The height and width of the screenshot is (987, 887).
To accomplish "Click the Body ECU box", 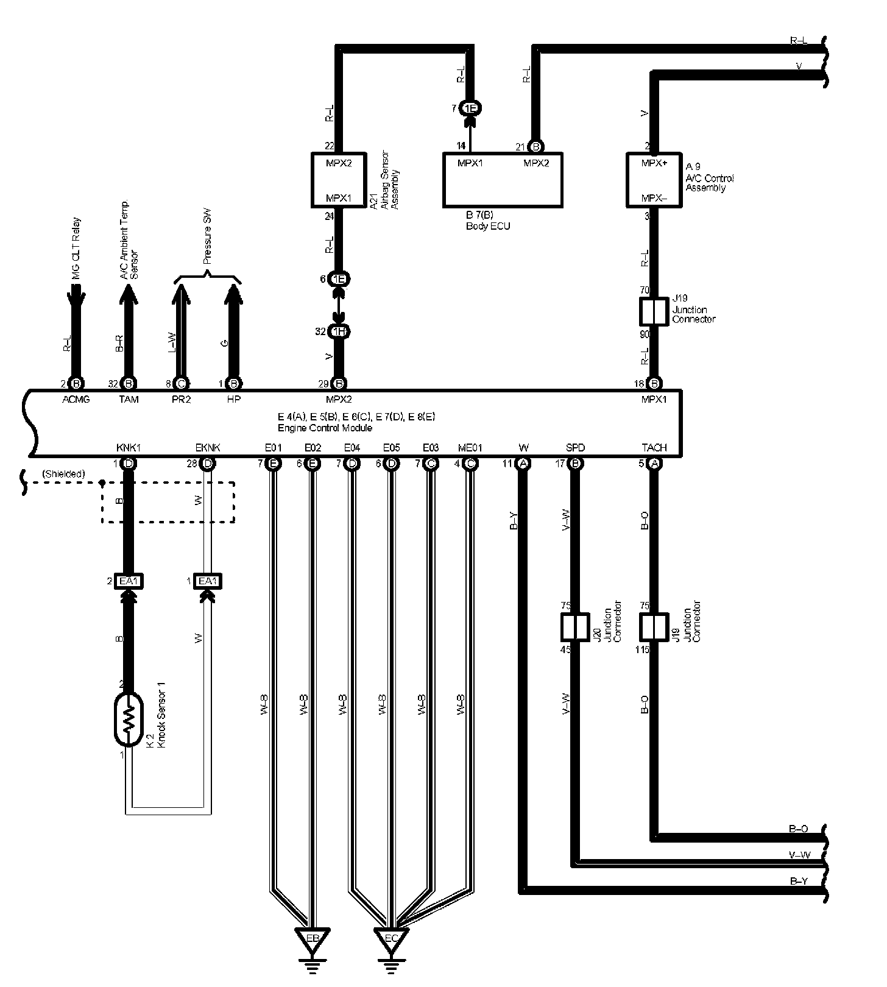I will tap(502, 180).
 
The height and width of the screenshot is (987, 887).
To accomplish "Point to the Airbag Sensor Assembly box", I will tap(338, 180).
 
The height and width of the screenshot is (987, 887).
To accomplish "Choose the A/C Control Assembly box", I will tap(654, 180).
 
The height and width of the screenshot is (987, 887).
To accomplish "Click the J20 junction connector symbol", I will tap(574, 628).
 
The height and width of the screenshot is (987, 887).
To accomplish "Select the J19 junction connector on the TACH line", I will tap(654, 628).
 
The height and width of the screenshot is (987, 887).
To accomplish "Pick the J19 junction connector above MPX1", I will tap(654, 312).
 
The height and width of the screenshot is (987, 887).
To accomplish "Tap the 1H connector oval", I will tap(338, 331).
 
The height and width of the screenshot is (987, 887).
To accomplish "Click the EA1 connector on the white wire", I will tap(207, 581).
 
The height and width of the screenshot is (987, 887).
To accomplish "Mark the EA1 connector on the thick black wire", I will tap(129, 581).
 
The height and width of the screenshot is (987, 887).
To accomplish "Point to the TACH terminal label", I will tap(654, 448).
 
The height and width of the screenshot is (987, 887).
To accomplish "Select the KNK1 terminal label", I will tap(129, 448).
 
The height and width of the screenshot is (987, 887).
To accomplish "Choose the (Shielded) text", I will tap(63, 474).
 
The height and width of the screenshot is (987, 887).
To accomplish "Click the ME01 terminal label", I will tap(470, 448).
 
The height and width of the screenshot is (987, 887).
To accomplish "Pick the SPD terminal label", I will tap(574, 448).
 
